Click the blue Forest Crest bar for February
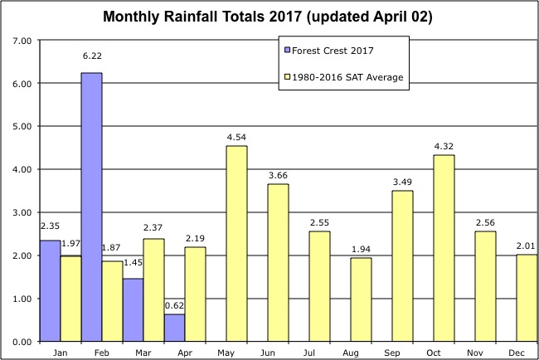(91, 207)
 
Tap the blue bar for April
(174, 328)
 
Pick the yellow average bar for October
(444, 248)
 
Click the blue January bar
(50, 290)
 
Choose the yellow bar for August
(361, 299)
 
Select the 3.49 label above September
(402, 180)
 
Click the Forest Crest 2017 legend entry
(328, 50)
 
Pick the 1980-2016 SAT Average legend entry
(342, 77)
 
